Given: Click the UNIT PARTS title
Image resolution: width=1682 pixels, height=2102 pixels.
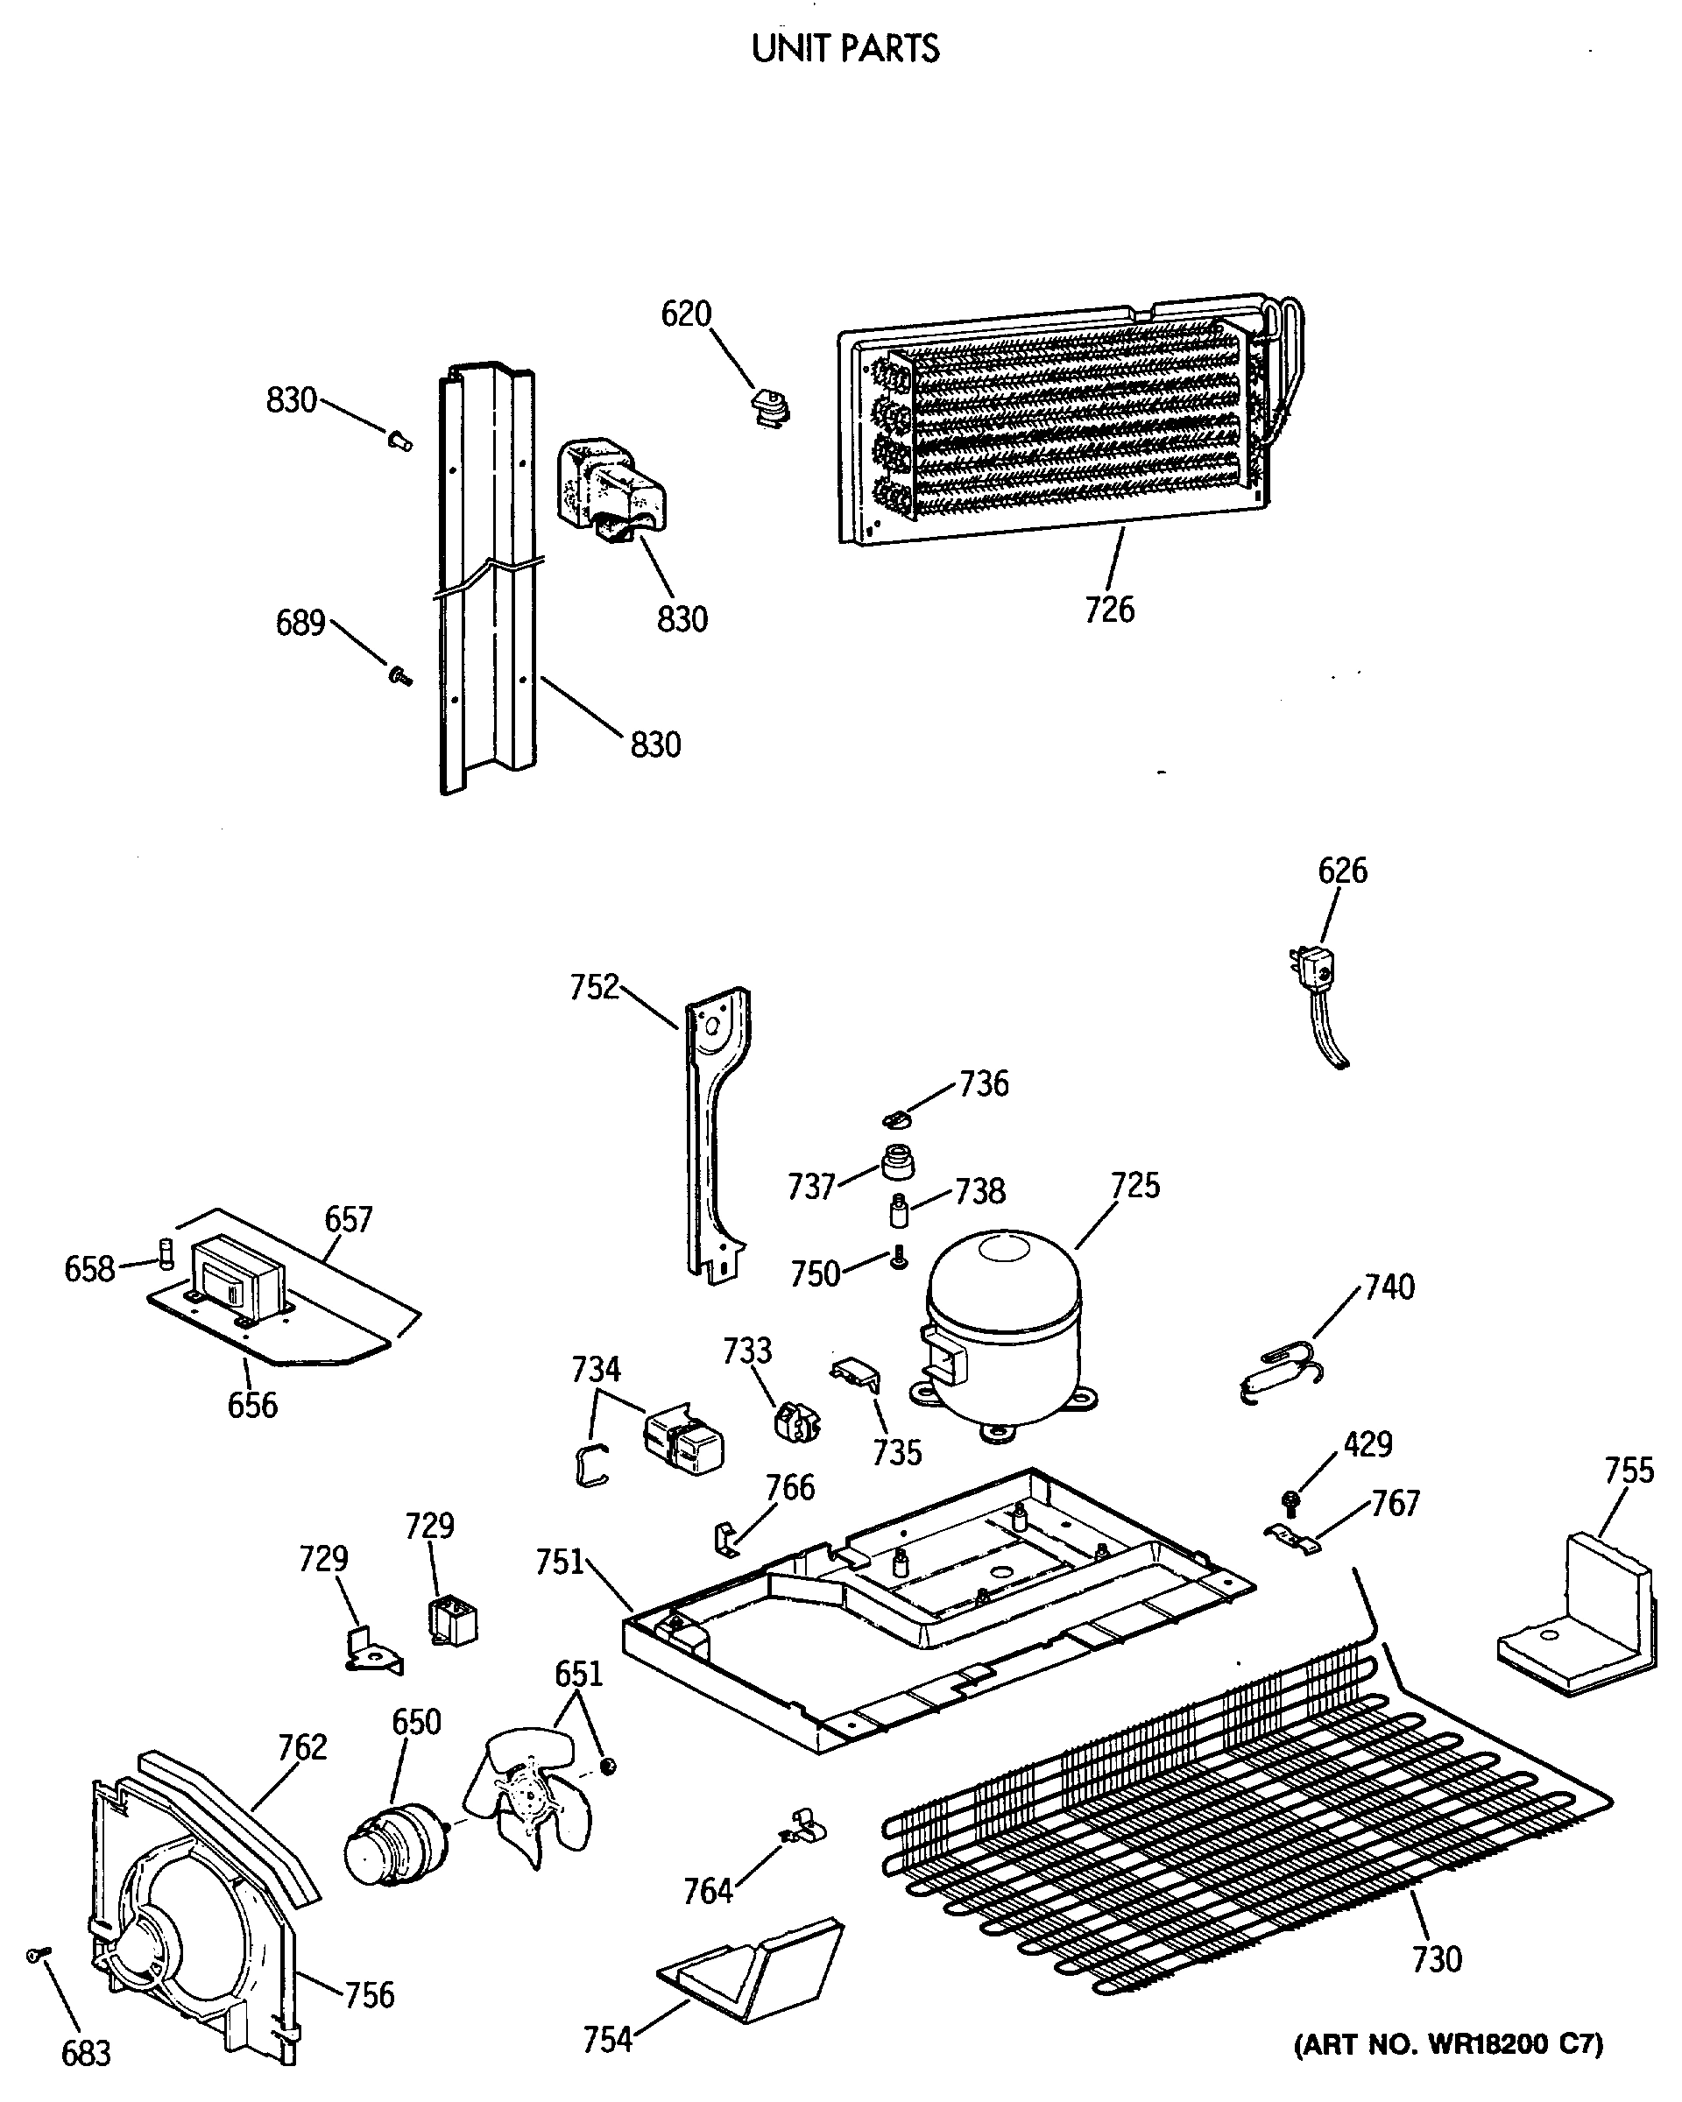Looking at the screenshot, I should point(845,49).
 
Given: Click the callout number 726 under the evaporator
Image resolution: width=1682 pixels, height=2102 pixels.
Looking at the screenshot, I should point(1110,610).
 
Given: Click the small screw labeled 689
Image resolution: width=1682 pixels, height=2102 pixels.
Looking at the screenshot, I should point(399,674).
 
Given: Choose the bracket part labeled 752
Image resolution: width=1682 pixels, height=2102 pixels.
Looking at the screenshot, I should point(716,1131).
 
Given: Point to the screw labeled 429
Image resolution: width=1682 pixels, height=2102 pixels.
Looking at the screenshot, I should point(1291,1501).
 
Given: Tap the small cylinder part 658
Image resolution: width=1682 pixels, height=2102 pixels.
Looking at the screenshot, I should point(165,1252).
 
